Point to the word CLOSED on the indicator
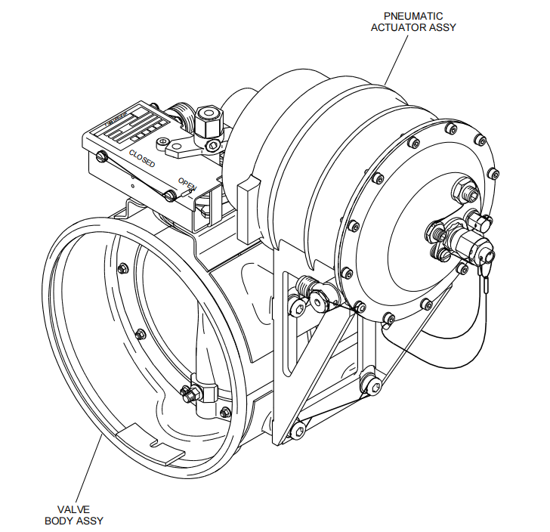143,159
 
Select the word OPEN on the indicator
186,183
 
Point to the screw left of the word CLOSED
102,156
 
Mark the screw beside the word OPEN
169,196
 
